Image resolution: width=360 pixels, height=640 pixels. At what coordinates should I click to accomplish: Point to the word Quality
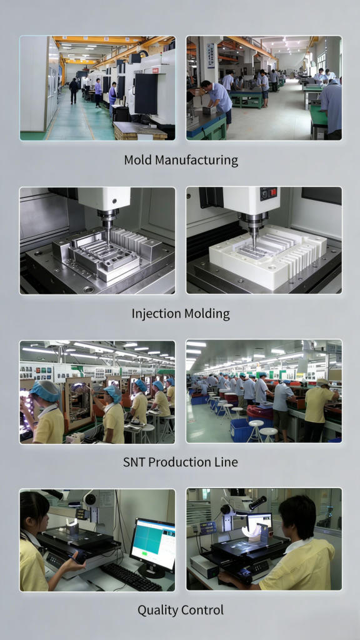point(157,611)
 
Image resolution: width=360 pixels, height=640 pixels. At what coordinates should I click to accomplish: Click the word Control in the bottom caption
point(202,610)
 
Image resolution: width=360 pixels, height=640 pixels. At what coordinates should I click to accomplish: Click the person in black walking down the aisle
point(74,91)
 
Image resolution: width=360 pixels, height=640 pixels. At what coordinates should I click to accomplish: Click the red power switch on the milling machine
point(272,192)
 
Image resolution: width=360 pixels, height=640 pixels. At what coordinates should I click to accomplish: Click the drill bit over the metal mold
point(108,236)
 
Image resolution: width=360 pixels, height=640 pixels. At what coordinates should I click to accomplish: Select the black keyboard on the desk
point(131,576)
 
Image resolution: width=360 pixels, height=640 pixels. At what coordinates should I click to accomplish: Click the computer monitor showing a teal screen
point(153,545)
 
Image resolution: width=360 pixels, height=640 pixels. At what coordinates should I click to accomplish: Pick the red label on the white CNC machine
point(155,71)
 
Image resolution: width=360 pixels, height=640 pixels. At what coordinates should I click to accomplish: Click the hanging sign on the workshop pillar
point(211,56)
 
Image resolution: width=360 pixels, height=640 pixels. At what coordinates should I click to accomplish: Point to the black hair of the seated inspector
point(300,514)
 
